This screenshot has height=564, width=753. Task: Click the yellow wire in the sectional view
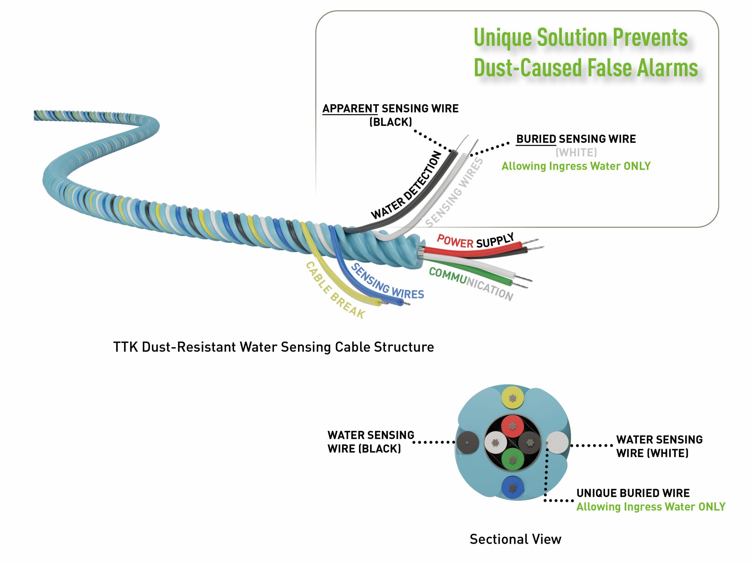pyautogui.click(x=513, y=398)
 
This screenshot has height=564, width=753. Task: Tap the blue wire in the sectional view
pyautogui.click(x=513, y=488)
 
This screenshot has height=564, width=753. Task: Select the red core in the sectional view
pyautogui.click(x=513, y=426)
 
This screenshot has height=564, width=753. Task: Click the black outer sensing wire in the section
pyautogui.click(x=468, y=443)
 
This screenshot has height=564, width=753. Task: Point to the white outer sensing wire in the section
pyautogui.click(x=557, y=443)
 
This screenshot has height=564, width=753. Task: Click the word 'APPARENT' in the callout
pyautogui.click(x=350, y=109)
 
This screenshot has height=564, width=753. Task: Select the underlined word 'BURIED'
pyautogui.click(x=536, y=139)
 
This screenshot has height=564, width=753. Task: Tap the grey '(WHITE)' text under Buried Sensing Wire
pyautogui.click(x=576, y=153)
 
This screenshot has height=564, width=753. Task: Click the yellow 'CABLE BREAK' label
pyautogui.click(x=335, y=290)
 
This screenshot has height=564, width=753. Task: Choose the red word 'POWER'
pyautogui.click(x=455, y=241)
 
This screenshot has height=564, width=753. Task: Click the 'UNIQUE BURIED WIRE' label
pyautogui.click(x=633, y=493)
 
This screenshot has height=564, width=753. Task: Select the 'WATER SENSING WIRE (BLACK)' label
pyautogui.click(x=371, y=442)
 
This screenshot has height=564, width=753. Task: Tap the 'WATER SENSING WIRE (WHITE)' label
pyautogui.click(x=659, y=446)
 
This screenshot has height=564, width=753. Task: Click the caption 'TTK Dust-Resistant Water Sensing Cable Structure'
pyautogui.click(x=273, y=347)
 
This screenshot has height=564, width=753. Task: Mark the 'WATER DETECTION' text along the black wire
pyautogui.click(x=406, y=185)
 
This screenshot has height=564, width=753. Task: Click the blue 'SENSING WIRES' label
pyautogui.click(x=387, y=281)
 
